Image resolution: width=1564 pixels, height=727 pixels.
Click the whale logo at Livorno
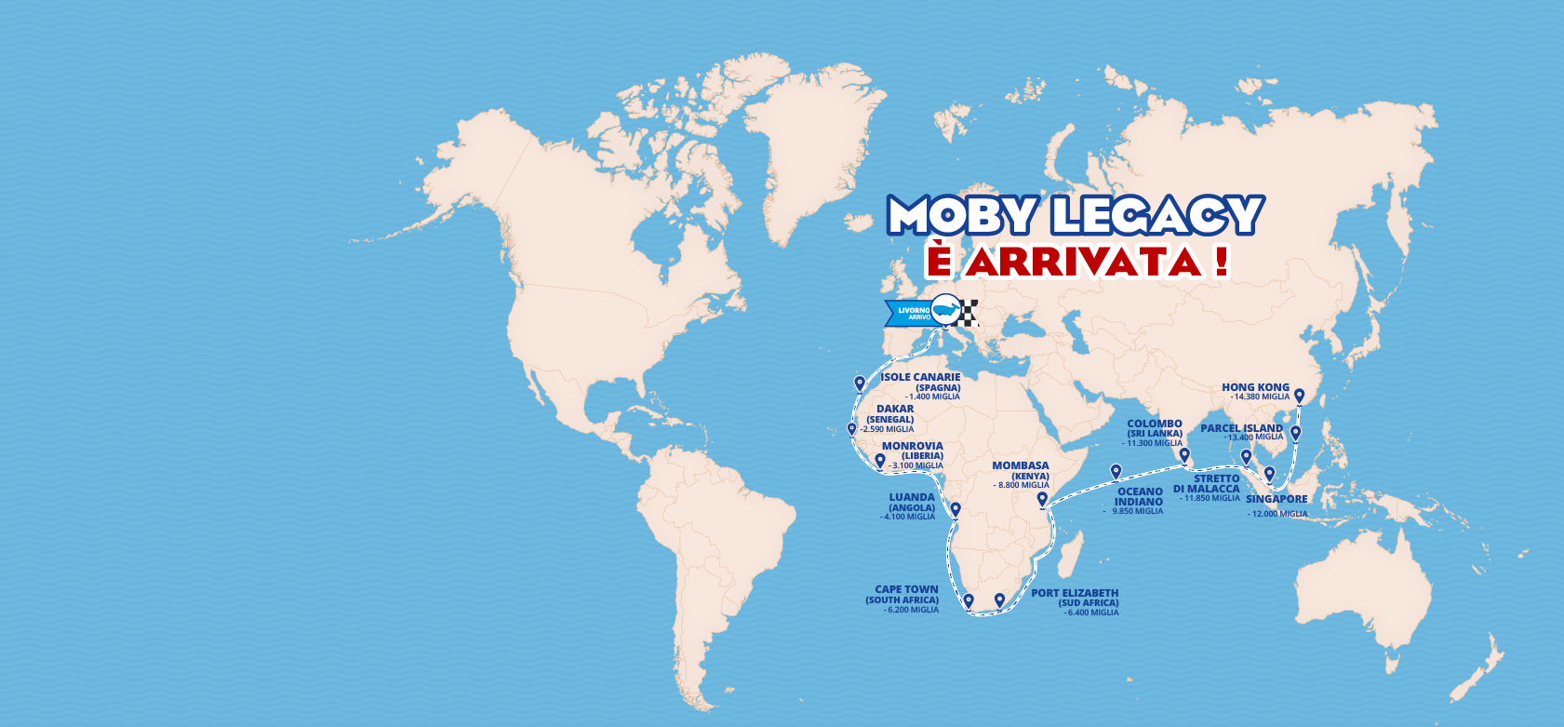pyautogui.click(x=946, y=309)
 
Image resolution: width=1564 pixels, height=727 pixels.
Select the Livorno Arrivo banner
pyautogui.click(x=908, y=314)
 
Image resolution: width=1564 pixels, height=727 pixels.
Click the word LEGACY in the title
pyautogui.click(x=1157, y=215)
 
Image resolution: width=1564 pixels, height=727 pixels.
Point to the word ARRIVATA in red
pyautogui.click(x=1083, y=262)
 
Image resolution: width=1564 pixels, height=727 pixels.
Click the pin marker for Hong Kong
pyautogui.click(x=1300, y=396)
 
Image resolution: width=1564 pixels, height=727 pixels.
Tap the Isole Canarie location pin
pyautogui.click(x=860, y=383)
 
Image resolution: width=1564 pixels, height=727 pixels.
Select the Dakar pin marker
pyautogui.click(x=851, y=429)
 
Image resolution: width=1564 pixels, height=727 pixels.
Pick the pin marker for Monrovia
pyautogui.click(x=880, y=460)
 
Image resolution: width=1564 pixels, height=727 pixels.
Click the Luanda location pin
pyautogui.click(x=955, y=509)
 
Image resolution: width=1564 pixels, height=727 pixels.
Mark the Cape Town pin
pyautogui.click(x=969, y=600)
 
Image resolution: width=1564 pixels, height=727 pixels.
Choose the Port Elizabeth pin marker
pyautogui.click(x=1000, y=599)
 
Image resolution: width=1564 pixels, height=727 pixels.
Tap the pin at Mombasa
pyautogui.click(x=1042, y=499)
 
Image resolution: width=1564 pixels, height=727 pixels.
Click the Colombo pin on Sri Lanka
pyautogui.click(x=1184, y=455)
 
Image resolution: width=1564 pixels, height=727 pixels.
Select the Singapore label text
pyautogui.click(x=1277, y=499)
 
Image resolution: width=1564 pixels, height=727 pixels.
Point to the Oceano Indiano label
pyautogui.click(x=1140, y=496)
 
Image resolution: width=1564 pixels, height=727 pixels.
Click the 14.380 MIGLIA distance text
pyautogui.click(x=1262, y=397)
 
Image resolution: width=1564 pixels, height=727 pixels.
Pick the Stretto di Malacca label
pyautogui.click(x=1208, y=483)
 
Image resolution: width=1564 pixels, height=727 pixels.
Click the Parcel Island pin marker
pyautogui.click(x=1295, y=432)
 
